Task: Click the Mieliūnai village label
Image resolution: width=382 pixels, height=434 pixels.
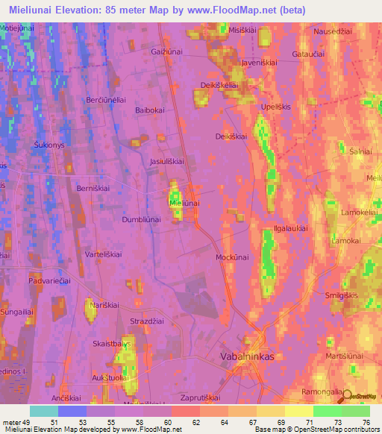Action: point(185,202)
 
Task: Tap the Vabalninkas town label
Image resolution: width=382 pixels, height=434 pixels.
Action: point(248,356)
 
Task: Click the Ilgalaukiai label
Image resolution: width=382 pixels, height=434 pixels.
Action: point(290,229)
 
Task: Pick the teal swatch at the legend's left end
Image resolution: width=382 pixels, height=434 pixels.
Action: point(43,411)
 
